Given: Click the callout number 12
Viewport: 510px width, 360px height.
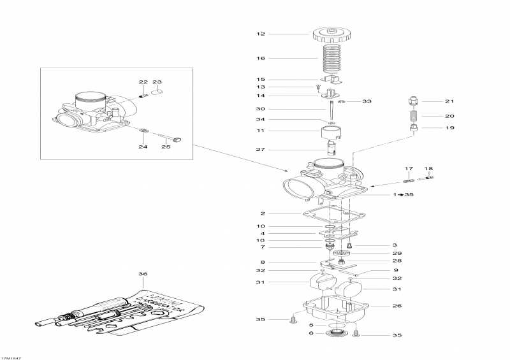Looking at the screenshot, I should click(260, 34).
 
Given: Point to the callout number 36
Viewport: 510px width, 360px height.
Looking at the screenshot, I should click(142, 275).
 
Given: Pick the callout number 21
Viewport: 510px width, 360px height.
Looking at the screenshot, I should click(449, 101).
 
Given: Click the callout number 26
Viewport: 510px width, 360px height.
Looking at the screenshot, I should click(398, 305).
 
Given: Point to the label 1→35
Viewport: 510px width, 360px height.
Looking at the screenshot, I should click(404, 194).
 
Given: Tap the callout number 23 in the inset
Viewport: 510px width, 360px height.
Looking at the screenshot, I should click(157, 82).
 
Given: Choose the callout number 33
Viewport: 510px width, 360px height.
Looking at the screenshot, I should click(366, 101).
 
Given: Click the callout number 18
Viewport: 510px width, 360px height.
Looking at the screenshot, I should click(428, 169).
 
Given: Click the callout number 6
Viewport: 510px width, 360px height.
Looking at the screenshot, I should click(310, 333).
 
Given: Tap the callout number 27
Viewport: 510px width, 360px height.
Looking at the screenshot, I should click(260, 150).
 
